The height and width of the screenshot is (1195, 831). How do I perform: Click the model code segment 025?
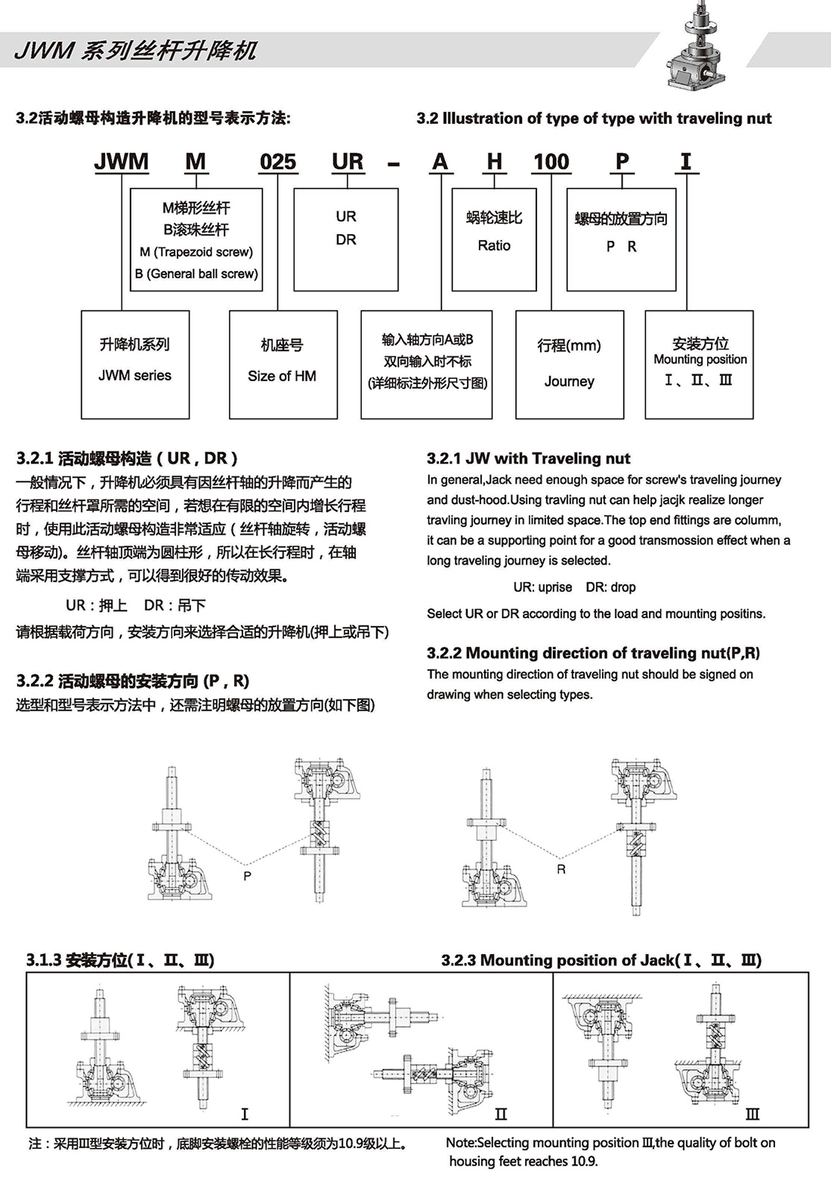click(x=278, y=162)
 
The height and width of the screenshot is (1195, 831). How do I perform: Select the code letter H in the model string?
click(x=494, y=162)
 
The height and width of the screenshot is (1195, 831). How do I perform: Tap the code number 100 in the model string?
click(x=551, y=162)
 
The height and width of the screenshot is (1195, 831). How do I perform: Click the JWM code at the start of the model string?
click(x=121, y=162)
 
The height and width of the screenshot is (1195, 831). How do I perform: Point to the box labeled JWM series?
click(x=134, y=365)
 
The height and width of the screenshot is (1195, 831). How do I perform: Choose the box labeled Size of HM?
click(x=283, y=365)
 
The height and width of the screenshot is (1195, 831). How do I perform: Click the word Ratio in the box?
click(x=494, y=245)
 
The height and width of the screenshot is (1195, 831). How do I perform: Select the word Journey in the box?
click(x=569, y=381)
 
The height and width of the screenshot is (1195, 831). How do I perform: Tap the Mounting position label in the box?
click(x=700, y=359)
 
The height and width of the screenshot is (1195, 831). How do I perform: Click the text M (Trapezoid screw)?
click(x=196, y=252)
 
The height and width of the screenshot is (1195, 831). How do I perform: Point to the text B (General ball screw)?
click(x=196, y=273)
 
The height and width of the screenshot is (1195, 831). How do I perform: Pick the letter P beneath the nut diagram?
click(x=247, y=876)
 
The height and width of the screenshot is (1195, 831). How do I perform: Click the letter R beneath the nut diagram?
click(x=561, y=870)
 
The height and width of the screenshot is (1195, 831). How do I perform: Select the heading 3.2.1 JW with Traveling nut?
click(x=528, y=458)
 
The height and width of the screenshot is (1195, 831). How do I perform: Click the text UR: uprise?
click(x=542, y=587)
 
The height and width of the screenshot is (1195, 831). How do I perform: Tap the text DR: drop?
click(x=610, y=587)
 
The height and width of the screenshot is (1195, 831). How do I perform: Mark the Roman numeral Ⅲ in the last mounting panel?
click(x=752, y=1114)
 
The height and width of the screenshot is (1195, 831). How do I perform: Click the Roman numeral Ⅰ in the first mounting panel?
click(x=244, y=1114)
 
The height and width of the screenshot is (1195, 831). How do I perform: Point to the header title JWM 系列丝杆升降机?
click(x=136, y=51)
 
